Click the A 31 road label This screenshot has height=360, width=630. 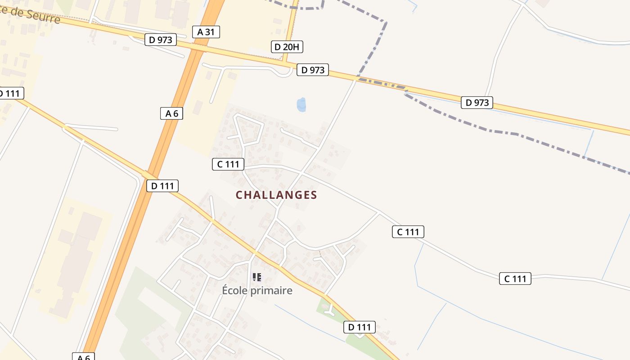(206, 31)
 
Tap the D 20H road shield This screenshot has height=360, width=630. (287, 46)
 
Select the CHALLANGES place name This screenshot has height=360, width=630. (276, 195)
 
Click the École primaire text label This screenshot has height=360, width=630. (257, 291)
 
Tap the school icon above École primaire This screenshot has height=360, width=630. (257, 277)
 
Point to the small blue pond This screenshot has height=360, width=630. (301, 104)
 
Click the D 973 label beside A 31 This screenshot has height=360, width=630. (161, 40)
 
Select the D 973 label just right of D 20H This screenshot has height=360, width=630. (313, 70)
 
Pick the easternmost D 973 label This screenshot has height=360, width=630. (477, 103)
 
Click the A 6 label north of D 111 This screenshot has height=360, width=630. (171, 113)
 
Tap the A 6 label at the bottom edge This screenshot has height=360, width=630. (84, 357)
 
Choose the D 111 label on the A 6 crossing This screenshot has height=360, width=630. (162, 185)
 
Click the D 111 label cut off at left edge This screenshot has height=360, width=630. (10, 94)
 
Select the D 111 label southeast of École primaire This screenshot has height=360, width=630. (360, 327)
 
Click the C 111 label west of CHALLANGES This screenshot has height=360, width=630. (228, 164)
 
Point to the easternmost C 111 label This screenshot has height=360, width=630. (515, 279)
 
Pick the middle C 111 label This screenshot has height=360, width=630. (408, 232)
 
